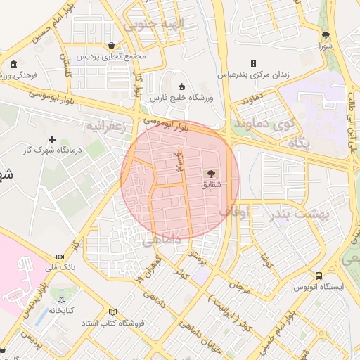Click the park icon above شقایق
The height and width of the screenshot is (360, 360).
point(210,173)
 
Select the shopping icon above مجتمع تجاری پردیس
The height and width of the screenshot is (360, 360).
point(111,46)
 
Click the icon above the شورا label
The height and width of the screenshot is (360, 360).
point(325,36)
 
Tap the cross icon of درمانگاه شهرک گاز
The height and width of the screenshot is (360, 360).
point(52,139)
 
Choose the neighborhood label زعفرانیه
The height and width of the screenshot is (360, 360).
point(105,126)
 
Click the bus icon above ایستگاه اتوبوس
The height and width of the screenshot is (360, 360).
point(319,276)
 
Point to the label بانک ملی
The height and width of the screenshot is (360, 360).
point(59,267)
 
